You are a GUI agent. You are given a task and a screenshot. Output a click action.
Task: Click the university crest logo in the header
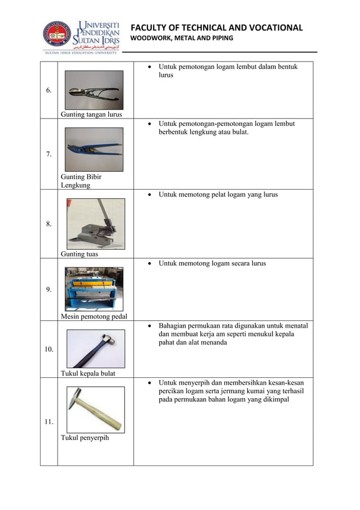pyautogui.click(x=58, y=34)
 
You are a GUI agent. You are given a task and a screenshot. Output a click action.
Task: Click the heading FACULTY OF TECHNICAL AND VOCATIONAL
pyautogui.click(x=216, y=28)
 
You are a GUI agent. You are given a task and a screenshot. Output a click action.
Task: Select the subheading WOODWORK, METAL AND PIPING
pyautogui.click(x=182, y=38)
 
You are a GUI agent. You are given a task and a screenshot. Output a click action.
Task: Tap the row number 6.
pyautogui.click(x=49, y=90)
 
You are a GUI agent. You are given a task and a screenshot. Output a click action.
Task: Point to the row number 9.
pyautogui.click(x=49, y=290)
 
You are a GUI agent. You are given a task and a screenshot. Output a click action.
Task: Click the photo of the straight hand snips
pyautogui.click(x=94, y=90)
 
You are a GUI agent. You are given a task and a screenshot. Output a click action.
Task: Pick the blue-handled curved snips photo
pyautogui.click(x=94, y=149)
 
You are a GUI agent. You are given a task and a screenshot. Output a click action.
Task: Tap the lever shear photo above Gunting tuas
pyautogui.click(x=95, y=224)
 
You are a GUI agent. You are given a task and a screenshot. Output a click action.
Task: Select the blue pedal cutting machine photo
pyautogui.click(x=94, y=289)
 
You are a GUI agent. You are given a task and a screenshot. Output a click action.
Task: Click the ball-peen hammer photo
pyautogui.click(x=95, y=348)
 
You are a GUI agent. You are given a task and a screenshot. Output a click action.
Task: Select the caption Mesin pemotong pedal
pyautogui.click(x=94, y=316)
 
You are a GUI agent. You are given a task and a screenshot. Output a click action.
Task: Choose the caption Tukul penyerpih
pyautogui.click(x=85, y=437)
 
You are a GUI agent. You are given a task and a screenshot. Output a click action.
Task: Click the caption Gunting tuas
pyautogui.click(x=80, y=254)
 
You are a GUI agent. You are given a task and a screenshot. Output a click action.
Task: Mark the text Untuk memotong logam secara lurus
pyautogui.click(x=212, y=264)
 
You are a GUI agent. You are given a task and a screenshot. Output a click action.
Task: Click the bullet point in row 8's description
pyautogui.click(x=148, y=195)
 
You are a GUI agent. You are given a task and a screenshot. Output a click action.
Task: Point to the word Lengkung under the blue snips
pyautogui.click(x=76, y=185)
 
